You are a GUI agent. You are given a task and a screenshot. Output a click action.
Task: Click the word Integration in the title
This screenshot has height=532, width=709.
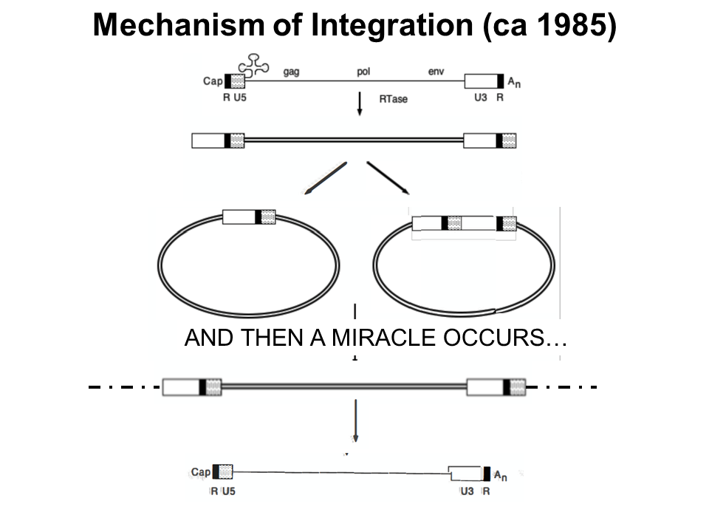(391, 27)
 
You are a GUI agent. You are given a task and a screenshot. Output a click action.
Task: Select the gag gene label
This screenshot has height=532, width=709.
(292, 72)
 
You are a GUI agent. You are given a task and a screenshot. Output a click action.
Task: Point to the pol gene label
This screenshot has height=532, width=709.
(363, 72)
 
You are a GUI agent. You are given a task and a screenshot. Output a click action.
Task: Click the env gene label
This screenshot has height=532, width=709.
(435, 72)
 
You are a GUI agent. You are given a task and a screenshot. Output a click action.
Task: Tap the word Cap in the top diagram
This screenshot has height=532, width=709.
(212, 81)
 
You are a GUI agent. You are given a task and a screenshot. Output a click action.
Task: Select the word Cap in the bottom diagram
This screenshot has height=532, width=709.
(200, 472)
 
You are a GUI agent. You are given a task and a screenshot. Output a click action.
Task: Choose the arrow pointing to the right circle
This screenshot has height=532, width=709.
(388, 177)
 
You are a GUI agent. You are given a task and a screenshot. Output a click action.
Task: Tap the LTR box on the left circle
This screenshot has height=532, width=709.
(249, 216)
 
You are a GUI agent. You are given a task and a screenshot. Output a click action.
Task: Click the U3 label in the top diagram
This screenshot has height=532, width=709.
(481, 98)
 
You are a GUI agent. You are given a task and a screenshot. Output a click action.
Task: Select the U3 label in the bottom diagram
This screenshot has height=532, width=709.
(467, 491)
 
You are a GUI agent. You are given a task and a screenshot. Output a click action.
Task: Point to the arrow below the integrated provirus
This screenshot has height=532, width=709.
(355, 420)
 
